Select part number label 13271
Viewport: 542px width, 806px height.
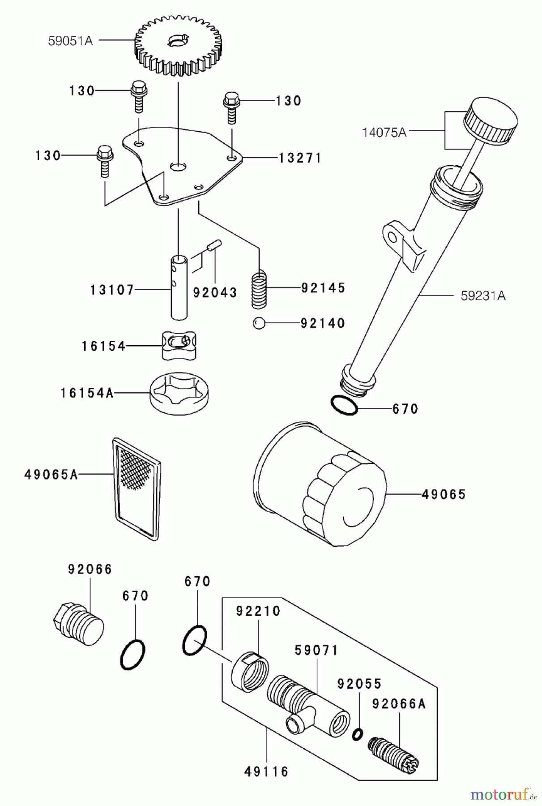pyautogui.click(x=300, y=158)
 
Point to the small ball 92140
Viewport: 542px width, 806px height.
pyautogui.click(x=259, y=323)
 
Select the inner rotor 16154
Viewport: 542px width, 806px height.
pyautogui.click(x=179, y=345)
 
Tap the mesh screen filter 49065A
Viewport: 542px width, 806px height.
pyautogui.click(x=137, y=488)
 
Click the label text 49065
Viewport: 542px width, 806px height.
pyautogui.click(x=444, y=494)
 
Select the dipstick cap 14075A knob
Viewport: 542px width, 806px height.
pyautogui.click(x=491, y=119)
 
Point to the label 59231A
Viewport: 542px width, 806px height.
pyautogui.click(x=483, y=296)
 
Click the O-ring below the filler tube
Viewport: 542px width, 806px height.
pyautogui.click(x=344, y=405)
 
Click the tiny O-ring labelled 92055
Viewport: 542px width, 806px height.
pyautogui.click(x=357, y=734)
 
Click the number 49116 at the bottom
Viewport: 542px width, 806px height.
pyautogui.click(x=266, y=772)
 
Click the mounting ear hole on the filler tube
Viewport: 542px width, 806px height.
pyautogui.click(x=393, y=236)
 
